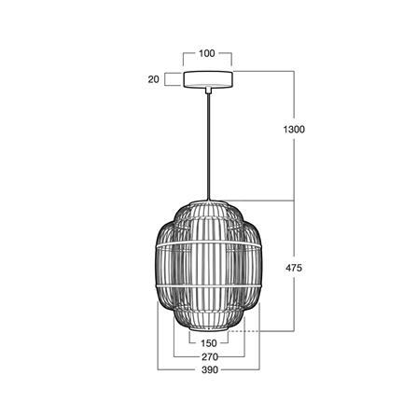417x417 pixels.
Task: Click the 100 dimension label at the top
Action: (207, 53)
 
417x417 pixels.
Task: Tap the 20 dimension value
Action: (153, 79)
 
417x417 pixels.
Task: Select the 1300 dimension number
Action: (294, 129)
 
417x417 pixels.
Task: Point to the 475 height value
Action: (294, 268)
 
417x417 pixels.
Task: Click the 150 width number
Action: (208, 343)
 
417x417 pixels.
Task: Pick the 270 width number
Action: (209, 356)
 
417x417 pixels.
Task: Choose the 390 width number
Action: (210, 370)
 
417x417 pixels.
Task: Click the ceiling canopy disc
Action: (208, 79)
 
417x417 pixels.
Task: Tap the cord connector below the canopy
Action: (208, 90)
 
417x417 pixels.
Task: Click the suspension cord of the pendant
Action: (208, 146)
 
